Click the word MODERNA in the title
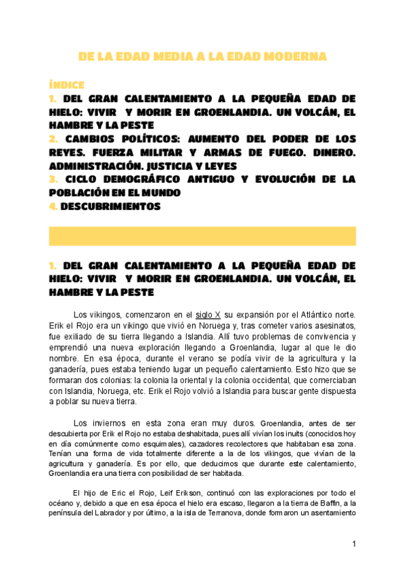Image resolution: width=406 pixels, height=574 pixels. click(292, 56)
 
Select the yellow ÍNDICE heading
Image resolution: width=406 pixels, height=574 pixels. click(66, 85)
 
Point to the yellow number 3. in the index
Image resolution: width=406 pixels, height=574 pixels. click(53, 179)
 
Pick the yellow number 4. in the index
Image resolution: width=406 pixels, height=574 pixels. click(53, 206)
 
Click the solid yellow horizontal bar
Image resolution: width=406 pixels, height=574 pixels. click(202, 236)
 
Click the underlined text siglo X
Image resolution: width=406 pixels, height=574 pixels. click(208, 315)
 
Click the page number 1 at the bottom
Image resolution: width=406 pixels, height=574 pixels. click(354, 544)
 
